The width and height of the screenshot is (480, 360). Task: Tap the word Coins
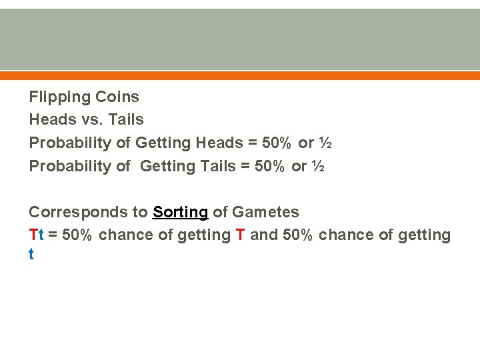[117, 97]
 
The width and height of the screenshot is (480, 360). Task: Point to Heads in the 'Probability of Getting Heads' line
[219, 143]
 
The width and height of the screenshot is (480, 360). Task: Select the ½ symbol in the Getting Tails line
[318, 166]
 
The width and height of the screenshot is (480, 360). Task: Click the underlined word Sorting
[180, 213]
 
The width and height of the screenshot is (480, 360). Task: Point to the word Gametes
[265, 213]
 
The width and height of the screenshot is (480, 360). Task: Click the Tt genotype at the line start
[37, 235]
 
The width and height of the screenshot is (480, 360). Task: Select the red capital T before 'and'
[241, 235]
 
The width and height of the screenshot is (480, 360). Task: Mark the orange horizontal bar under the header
[240, 75]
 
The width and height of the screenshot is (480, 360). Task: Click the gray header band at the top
[240, 39]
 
